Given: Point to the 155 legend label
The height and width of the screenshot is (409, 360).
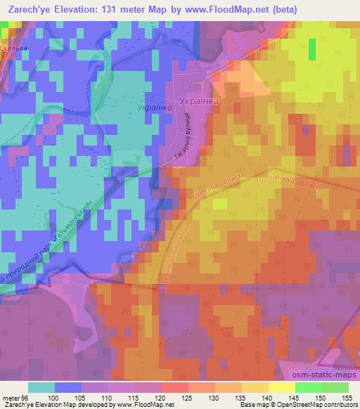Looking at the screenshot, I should point(347,397).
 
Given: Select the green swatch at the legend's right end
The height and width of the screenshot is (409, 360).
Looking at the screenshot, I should point(335,387).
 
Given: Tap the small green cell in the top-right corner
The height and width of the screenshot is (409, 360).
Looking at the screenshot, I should point(311,48).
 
